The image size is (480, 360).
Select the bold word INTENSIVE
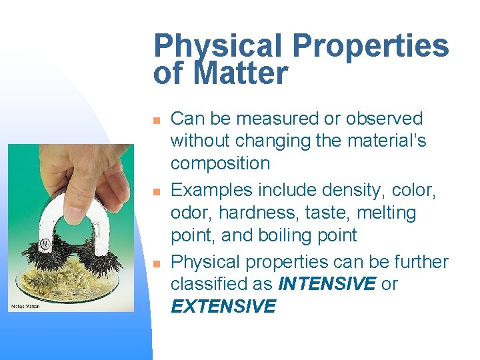coord(327,284)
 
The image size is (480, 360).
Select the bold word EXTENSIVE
coord(223,307)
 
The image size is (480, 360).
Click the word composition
coord(220,163)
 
